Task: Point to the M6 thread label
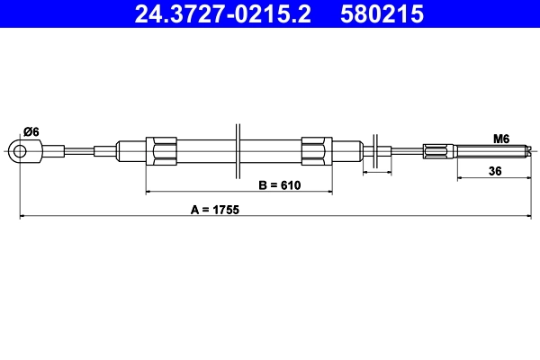(501, 139)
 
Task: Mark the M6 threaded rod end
(490, 150)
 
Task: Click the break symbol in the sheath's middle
(238, 150)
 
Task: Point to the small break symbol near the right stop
(375, 150)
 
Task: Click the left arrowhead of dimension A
(22, 216)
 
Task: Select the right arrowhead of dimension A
(527, 216)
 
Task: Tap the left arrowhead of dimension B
(149, 192)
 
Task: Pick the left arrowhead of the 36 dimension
(460, 177)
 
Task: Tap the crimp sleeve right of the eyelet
(54, 150)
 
